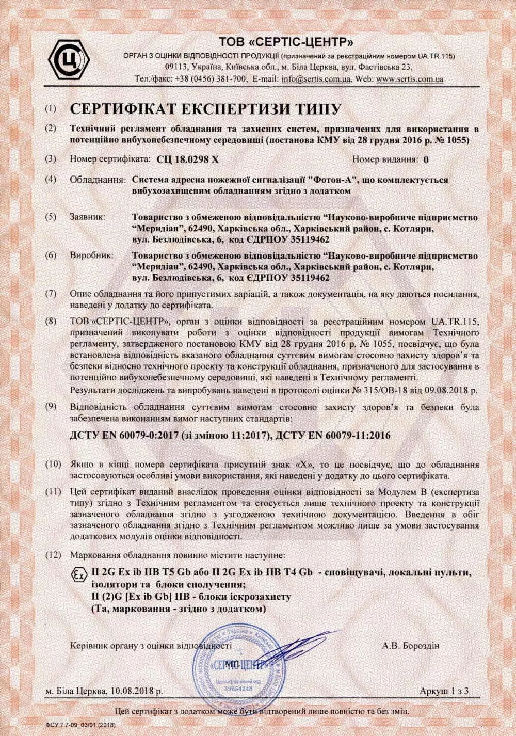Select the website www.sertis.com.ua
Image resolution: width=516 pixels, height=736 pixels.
(410, 80)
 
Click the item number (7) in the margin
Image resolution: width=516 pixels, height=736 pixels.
(51, 294)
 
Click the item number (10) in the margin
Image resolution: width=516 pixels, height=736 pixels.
(53, 465)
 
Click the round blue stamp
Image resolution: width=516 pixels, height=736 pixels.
(238, 664)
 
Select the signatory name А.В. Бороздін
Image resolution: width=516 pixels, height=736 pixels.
(411, 645)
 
